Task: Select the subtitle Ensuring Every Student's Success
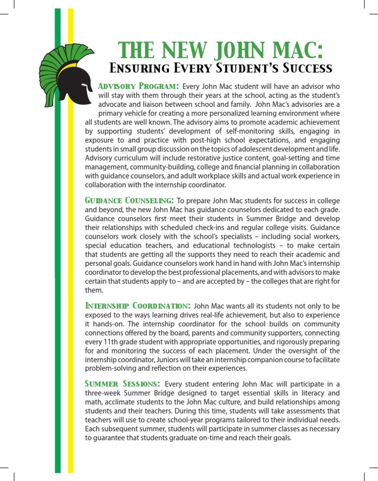tap(220, 67)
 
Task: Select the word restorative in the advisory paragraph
tap(201, 158)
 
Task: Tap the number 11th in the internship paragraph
tap(111, 342)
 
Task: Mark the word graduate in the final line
tap(183, 438)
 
